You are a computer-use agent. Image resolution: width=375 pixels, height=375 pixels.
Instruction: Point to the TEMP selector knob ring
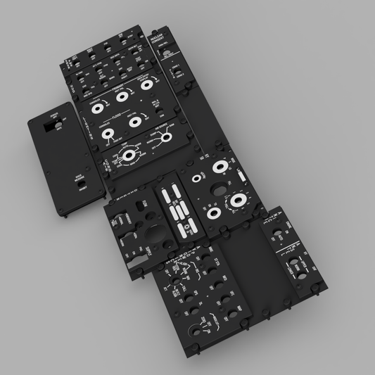[x=128, y=155]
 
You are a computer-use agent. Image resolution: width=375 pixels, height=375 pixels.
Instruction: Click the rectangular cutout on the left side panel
[x=49, y=128]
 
